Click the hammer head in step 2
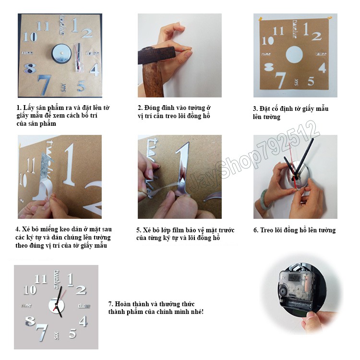tap(156, 55)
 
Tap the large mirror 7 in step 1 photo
tap(44, 84)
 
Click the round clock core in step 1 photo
tap(61, 53)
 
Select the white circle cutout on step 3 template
tap(294, 55)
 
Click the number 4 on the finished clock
tap(84, 322)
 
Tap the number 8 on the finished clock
tap(30, 321)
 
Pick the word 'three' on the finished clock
tap(84, 306)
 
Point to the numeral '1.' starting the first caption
tap(19, 108)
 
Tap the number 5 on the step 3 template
tap(311, 81)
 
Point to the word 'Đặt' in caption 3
tap(264, 109)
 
